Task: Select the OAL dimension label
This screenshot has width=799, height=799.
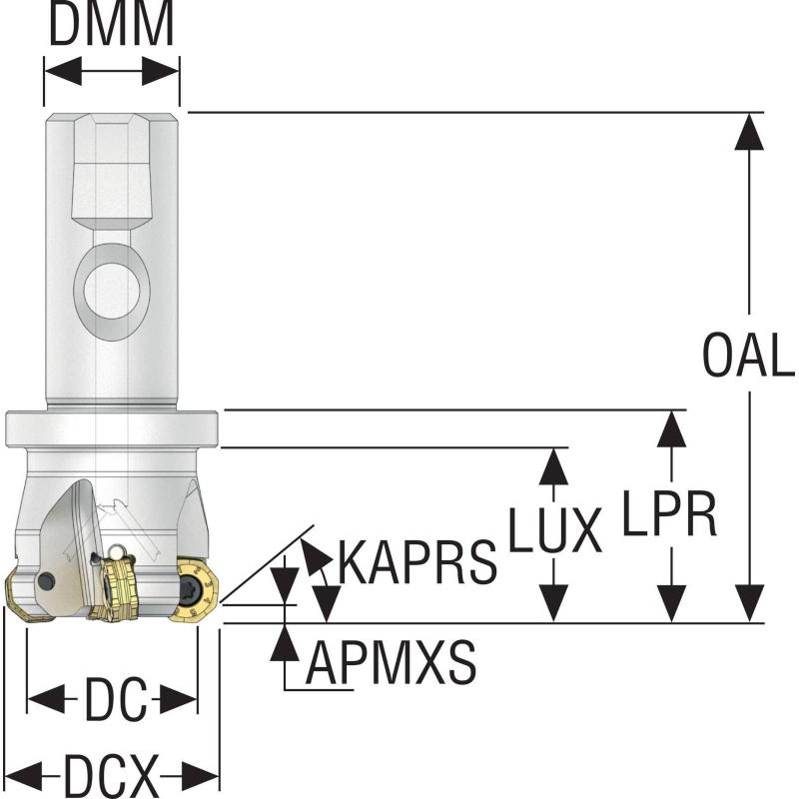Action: [748, 357]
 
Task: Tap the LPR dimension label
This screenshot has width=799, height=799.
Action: [670, 513]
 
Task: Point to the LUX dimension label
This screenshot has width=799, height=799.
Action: [554, 530]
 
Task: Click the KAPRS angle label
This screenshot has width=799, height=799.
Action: [417, 563]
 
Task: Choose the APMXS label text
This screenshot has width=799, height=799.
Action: [391, 661]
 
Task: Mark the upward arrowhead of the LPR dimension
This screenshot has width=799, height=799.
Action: [671, 427]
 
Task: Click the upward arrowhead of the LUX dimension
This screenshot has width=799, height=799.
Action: [553, 465]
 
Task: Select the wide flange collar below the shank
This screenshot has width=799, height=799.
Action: [111, 428]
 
